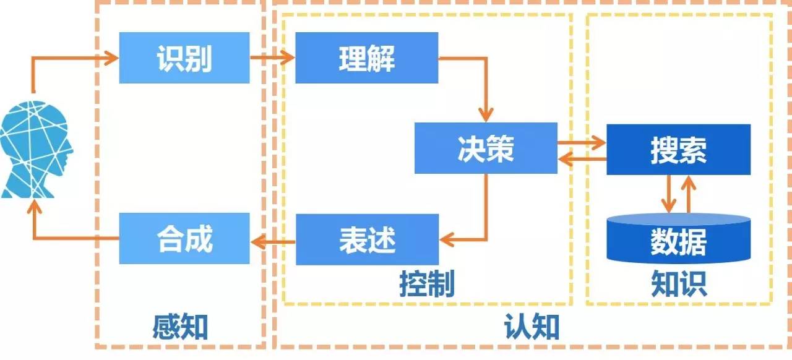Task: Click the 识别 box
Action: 184,58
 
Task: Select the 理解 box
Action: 367,58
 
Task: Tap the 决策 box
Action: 486,148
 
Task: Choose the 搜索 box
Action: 679,150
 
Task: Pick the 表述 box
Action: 368,239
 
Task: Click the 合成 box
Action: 184,238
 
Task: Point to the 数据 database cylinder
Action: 679,238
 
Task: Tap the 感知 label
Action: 180,327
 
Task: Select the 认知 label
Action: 532,327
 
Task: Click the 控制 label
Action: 427,284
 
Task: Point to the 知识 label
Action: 679,284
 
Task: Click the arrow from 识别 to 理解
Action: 272,58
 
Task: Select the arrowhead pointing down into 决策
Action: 486,114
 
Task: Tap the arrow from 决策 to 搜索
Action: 582,143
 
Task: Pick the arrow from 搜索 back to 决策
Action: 582,159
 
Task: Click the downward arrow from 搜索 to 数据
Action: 668,194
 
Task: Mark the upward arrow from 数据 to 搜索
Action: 689,194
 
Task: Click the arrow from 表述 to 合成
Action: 273,242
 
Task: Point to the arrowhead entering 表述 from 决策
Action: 447,239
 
